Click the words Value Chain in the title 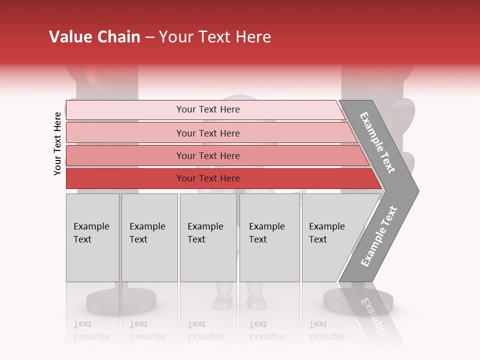click(94, 37)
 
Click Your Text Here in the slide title click(215, 37)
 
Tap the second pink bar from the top click(207, 133)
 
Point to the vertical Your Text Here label click(57, 144)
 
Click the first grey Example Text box click(92, 237)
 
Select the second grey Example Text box click(149, 237)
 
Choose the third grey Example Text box click(208, 237)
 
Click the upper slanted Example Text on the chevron click(378, 142)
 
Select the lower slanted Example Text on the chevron click(378, 236)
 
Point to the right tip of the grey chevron click(418, 190)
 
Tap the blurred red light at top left click(95, 75)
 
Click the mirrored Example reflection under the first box click(91, 337)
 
